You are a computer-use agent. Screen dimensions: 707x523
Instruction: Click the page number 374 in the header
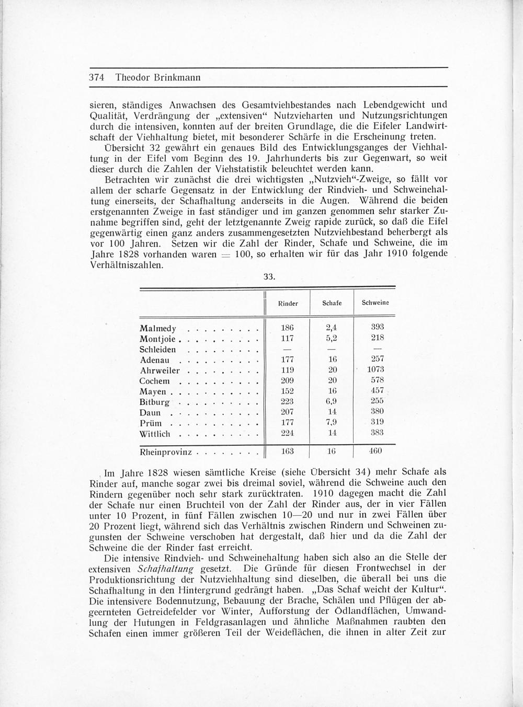[98, 77]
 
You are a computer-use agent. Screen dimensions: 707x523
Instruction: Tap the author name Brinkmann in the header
[175, 77]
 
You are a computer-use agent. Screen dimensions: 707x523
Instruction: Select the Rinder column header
[288, 303]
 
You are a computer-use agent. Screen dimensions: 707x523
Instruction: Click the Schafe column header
[332, 303]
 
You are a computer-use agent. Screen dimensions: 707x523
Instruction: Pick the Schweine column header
[375, 302]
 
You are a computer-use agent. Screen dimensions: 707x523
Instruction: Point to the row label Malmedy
[158, 329]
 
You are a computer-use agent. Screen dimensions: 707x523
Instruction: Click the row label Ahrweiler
[160, 370]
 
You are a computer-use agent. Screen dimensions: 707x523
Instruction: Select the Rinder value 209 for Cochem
[287, 380]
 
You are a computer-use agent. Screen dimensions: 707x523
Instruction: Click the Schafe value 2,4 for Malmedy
[332, 328]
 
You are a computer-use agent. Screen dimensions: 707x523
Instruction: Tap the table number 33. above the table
[269, 277]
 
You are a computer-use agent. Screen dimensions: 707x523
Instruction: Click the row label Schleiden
[158, 350]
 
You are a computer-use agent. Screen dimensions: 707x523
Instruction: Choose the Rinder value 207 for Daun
[287, 411]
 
